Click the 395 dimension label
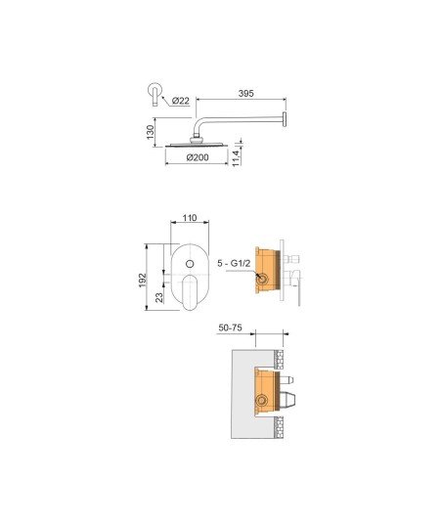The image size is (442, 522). click(x=245, y=94)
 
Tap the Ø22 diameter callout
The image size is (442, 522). click(x=181, y=101)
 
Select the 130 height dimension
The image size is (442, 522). click(x=151, y=132)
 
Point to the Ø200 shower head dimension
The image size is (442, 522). click(x=198, y=157)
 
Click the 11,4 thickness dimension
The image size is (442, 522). click(x=236, y=158)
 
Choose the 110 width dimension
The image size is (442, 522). click(x=190, y=218)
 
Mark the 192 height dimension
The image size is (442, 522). click(x=142, y=281)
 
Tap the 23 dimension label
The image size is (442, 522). click(x=159, y=297)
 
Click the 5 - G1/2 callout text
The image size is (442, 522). click(x=234, y=263)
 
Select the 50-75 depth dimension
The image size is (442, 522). click(x=230, y=327)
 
